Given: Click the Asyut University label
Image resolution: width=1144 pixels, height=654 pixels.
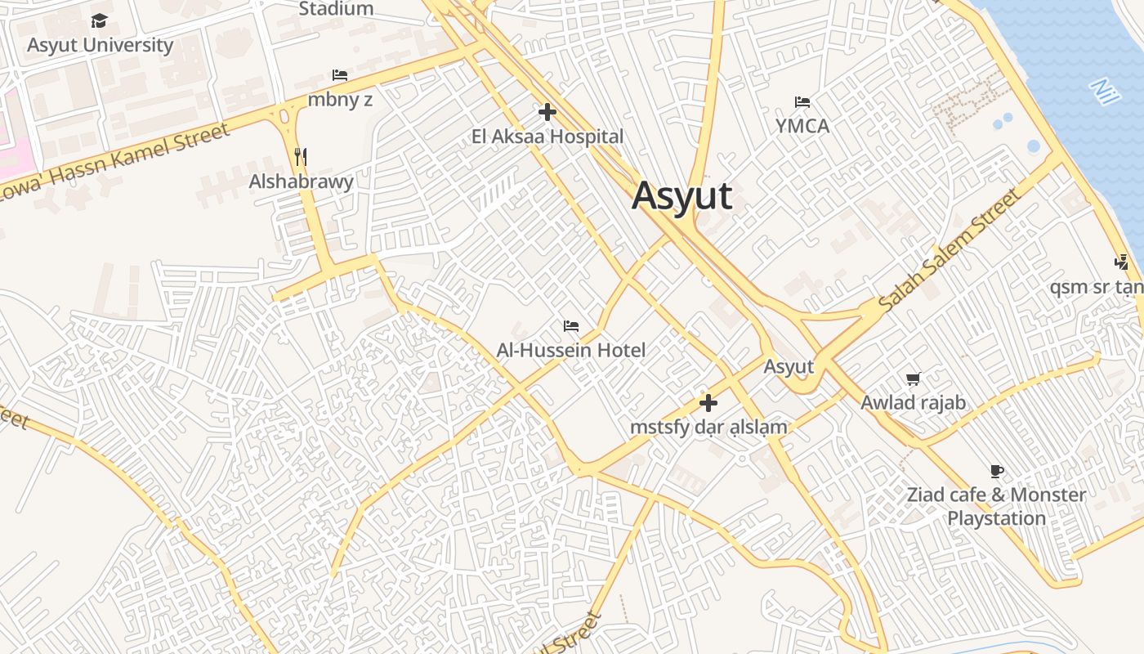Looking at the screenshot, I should tap(100, 45).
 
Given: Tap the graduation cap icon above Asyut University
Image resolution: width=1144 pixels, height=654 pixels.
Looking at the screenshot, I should tap(100, 20).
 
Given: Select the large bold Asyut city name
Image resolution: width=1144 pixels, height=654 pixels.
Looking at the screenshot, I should tap(681, 196).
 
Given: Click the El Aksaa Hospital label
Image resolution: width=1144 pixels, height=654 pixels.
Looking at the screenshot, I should tap(547, 137).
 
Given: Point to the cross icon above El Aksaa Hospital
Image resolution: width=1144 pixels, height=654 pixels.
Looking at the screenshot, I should tap(547, 112).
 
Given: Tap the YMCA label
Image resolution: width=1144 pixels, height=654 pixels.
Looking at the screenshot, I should tap(802, 126).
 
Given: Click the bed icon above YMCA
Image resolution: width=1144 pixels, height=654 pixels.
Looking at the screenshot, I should tap(802, 102).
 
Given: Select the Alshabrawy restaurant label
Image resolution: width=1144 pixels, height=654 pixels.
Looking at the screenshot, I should tap(301, 181).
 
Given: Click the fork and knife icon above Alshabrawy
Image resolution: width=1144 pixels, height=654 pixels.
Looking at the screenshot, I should tap(301, 156).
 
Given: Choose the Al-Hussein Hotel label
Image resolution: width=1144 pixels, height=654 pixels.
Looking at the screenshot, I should tap(571, 350).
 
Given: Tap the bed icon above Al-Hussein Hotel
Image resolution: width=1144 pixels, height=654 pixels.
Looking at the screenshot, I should tap(571, 326).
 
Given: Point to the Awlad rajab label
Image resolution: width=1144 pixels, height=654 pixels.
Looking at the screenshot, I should tap(913, 402).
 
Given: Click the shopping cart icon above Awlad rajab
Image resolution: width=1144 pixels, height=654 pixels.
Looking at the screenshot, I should tap(913, 379).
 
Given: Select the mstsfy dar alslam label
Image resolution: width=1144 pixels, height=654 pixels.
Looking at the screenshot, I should tap(708, 427).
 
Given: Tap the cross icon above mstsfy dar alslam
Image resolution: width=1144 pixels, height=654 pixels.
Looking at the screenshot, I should tap(708, 403).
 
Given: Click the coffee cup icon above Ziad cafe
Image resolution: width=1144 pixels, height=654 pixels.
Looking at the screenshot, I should tap(996, 471).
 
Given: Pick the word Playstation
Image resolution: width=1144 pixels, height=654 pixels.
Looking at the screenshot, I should tap(996, 518).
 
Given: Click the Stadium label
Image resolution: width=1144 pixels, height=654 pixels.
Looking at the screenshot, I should tap(336, 9).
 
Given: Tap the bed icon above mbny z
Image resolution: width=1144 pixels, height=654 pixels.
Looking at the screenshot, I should tap(340, 75).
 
